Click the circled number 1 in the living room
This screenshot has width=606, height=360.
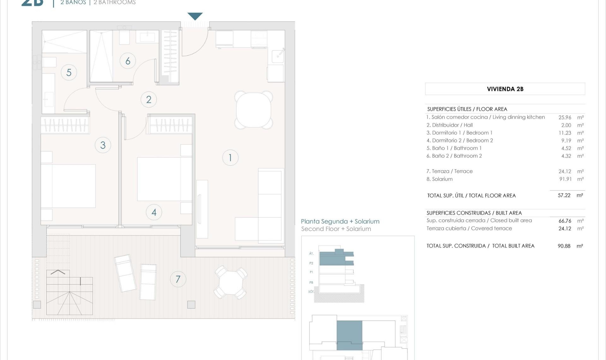point(230,158)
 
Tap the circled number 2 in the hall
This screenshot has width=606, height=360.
point(149,99)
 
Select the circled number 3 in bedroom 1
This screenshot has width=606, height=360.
point(103,145)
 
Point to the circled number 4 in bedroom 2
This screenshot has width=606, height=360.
point(154,212)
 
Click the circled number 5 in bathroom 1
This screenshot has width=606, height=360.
point(69,72)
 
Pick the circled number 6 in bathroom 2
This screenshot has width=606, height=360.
point(128,61)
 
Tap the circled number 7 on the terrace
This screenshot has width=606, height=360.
point(178,279)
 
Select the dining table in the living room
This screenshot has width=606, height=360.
point(253,110)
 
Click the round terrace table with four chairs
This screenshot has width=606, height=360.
point(231,282)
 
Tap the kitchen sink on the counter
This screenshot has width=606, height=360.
point(278,56)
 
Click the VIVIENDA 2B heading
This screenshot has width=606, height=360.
point(505,89)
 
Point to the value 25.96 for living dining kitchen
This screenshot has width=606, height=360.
point(565,117)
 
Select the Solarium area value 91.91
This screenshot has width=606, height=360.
point(565,179)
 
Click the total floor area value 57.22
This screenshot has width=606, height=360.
point(564,195)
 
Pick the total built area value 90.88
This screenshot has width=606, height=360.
point(564,246)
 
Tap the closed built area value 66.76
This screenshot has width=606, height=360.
point(565,221)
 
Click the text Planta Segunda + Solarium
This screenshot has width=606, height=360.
point(340,221)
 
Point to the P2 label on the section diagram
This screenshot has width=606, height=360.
point(311,263)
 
